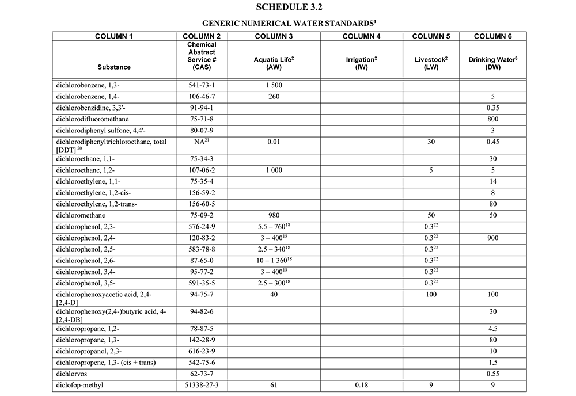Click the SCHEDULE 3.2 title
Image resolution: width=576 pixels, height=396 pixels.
click(289, 7)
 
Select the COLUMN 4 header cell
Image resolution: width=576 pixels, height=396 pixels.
click(361, 36)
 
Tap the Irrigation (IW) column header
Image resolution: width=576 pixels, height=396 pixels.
click(361, 63)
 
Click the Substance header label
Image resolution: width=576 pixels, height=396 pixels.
click(114, 67)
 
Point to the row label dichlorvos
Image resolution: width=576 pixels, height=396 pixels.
click(71, 373)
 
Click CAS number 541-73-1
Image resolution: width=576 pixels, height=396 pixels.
click(202, 85)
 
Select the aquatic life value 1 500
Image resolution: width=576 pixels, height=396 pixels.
click(274, 85)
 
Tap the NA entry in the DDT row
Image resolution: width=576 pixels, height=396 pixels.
click(202, 141)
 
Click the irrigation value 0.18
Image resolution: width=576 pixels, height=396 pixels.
click(361, 384)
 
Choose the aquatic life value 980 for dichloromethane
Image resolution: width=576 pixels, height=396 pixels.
click(274, 215)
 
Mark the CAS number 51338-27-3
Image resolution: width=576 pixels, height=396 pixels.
click(202, 384)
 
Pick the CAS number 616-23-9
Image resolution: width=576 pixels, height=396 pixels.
click(202, 351)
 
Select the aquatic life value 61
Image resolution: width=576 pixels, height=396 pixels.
click(274, 384)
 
